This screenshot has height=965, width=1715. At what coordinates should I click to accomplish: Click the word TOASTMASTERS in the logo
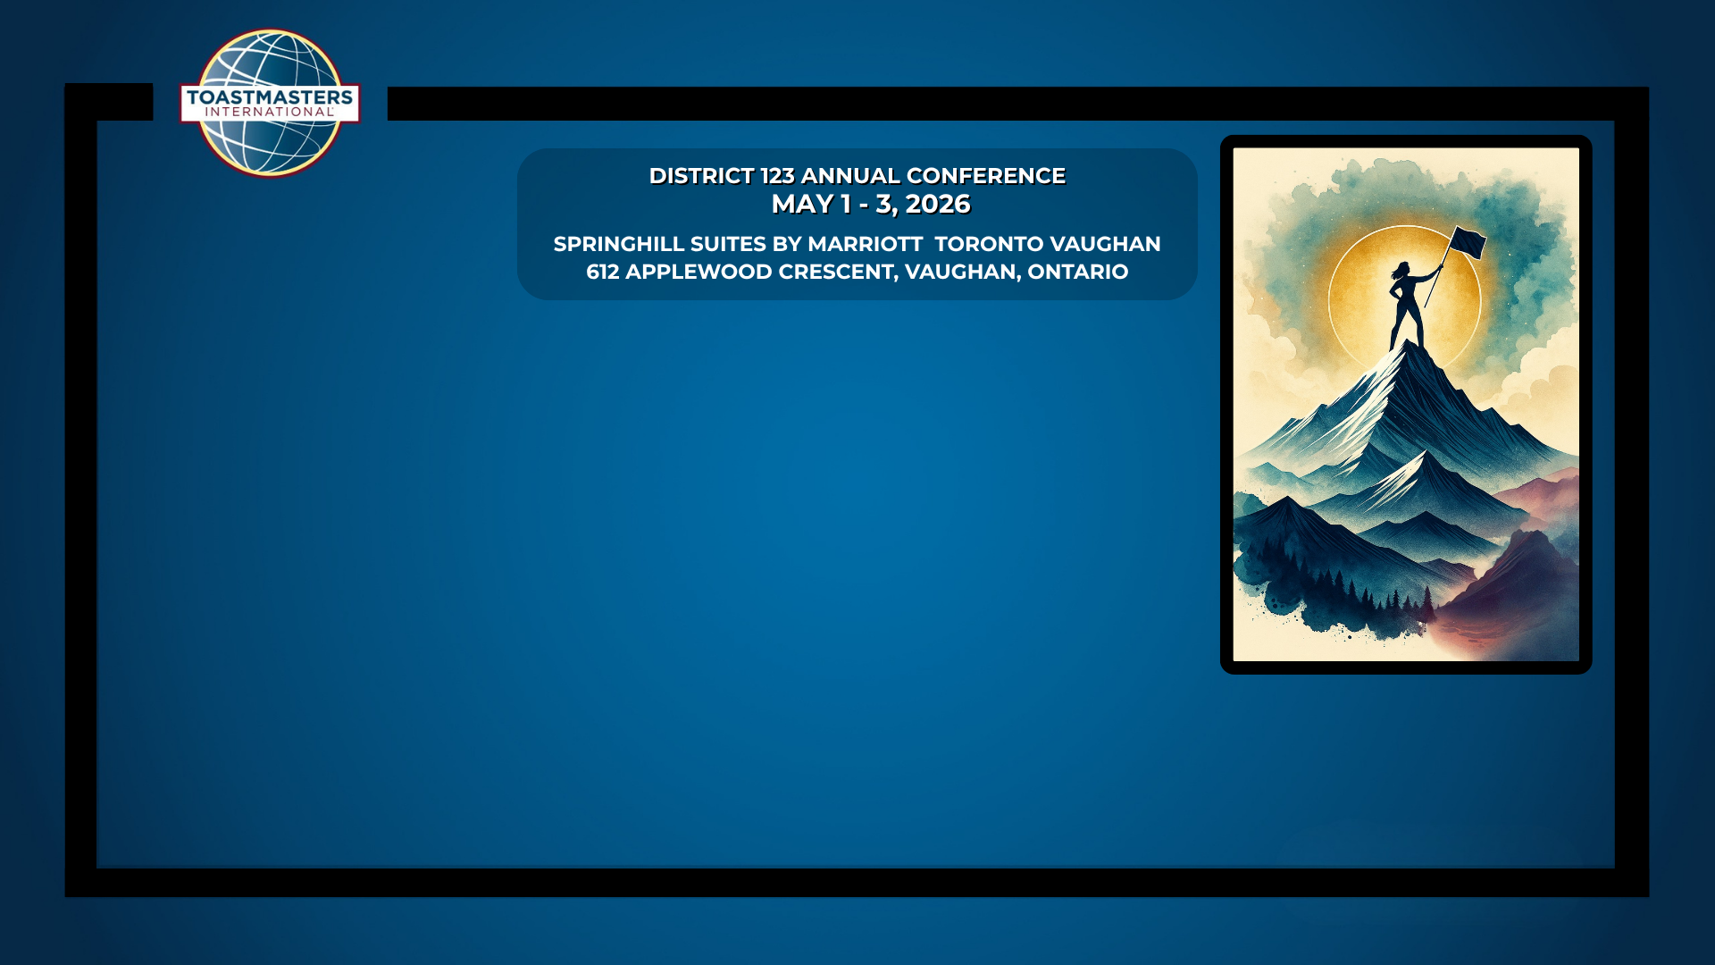[x=270, y=96]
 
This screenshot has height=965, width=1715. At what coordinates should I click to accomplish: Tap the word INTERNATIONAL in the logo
[x=269, y=113]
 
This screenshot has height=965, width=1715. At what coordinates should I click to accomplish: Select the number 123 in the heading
[x=777, y=176]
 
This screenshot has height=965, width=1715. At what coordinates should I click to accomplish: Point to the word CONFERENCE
[x=986, y=176]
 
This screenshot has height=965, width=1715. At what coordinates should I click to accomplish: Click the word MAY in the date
[x=802, y=205]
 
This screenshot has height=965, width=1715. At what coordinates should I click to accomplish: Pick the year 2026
[x=938, y=205]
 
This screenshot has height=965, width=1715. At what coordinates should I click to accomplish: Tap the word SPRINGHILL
[x=619, y=244]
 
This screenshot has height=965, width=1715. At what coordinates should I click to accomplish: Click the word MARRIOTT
[x=865, y=244]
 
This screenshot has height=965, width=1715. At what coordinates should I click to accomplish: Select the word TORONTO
[x=989, y=244]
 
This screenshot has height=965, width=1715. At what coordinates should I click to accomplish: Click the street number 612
[x=603, y=272]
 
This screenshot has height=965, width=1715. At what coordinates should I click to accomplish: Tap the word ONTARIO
[x=1078, y=272]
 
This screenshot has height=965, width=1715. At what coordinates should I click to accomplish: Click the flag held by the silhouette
[x=1467, y=242]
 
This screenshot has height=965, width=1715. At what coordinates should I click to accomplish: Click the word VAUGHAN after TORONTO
[x=1105, y=244]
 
